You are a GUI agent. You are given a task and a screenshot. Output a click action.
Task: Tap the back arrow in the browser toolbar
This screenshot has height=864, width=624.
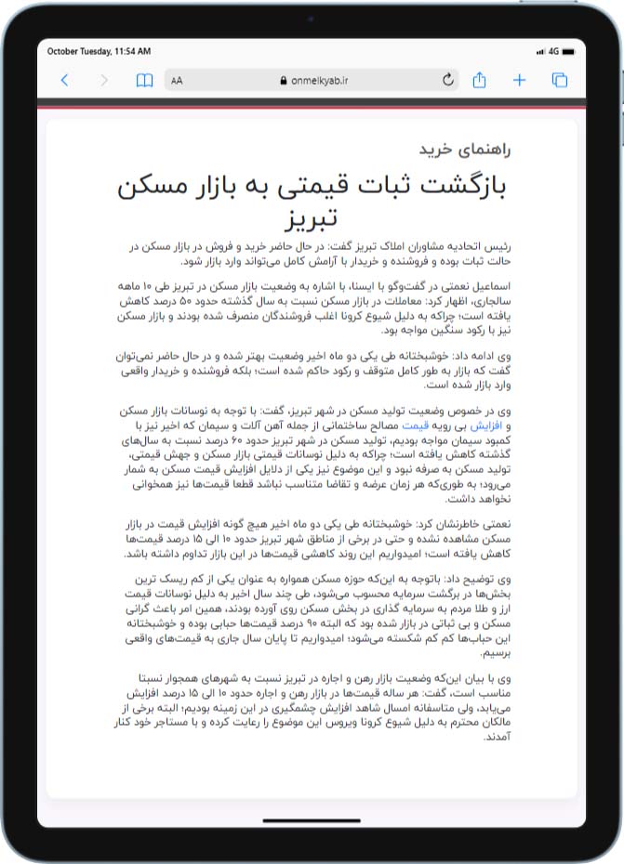click(x=64, y=81)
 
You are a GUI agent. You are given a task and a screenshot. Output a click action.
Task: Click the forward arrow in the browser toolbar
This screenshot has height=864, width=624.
click(x=103, y=81)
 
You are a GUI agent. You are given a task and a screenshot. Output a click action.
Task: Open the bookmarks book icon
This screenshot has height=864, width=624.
click(x=144, y=81)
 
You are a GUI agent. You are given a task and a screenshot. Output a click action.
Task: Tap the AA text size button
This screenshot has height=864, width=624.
click(x=177, y=81)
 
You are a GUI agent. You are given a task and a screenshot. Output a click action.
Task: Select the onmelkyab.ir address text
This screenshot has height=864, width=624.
click(x=318, y=81)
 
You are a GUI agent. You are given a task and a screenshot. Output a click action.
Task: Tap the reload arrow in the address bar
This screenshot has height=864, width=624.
click(x=448, y=81)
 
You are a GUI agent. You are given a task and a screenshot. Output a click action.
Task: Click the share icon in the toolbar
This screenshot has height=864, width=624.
click(x=479, y=80)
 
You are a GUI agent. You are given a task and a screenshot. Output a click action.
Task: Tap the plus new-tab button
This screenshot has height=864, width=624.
click(x=519, y=81)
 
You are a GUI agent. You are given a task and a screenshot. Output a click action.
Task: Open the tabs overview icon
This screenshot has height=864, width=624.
click(x=560, y=81)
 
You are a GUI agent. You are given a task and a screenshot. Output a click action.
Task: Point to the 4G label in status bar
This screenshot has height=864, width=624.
click(x=553, y=51)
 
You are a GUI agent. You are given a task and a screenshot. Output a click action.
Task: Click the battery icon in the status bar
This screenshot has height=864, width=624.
click(x=570, y=51)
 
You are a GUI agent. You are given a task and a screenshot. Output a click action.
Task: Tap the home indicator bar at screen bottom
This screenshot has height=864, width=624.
click(x=312, y=820)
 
